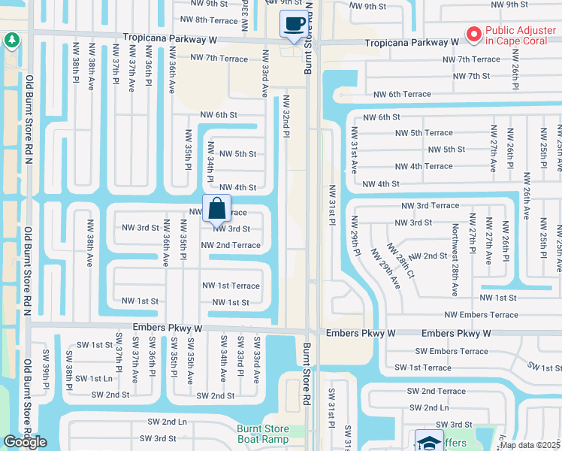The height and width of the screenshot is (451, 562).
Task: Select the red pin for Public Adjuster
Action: [474, 34]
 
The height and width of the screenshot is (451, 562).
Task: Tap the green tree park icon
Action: [11, 41]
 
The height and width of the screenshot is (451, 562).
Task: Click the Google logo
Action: [25, 442]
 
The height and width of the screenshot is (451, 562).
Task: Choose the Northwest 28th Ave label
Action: [455, 253]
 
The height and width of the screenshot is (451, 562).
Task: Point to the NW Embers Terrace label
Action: [481, 315]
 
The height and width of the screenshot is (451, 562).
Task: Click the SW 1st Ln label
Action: [94, 379]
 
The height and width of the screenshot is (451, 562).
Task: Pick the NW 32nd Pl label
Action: [286, 117]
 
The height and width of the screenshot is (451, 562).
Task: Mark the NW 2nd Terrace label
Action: [231, 245]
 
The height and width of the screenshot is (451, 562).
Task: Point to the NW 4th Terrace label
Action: [423, 167]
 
